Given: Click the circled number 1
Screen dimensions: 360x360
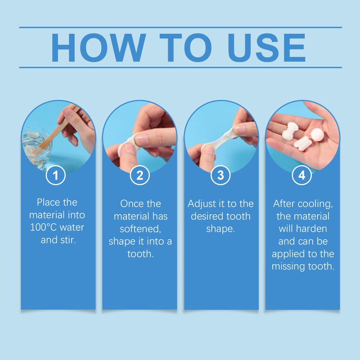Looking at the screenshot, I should tap(56, 175).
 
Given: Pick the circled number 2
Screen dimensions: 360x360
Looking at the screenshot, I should tap(139, 175).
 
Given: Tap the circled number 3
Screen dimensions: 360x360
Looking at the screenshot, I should tap(220, 175).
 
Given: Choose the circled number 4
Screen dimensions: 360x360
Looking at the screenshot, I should tap(302, 175).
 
